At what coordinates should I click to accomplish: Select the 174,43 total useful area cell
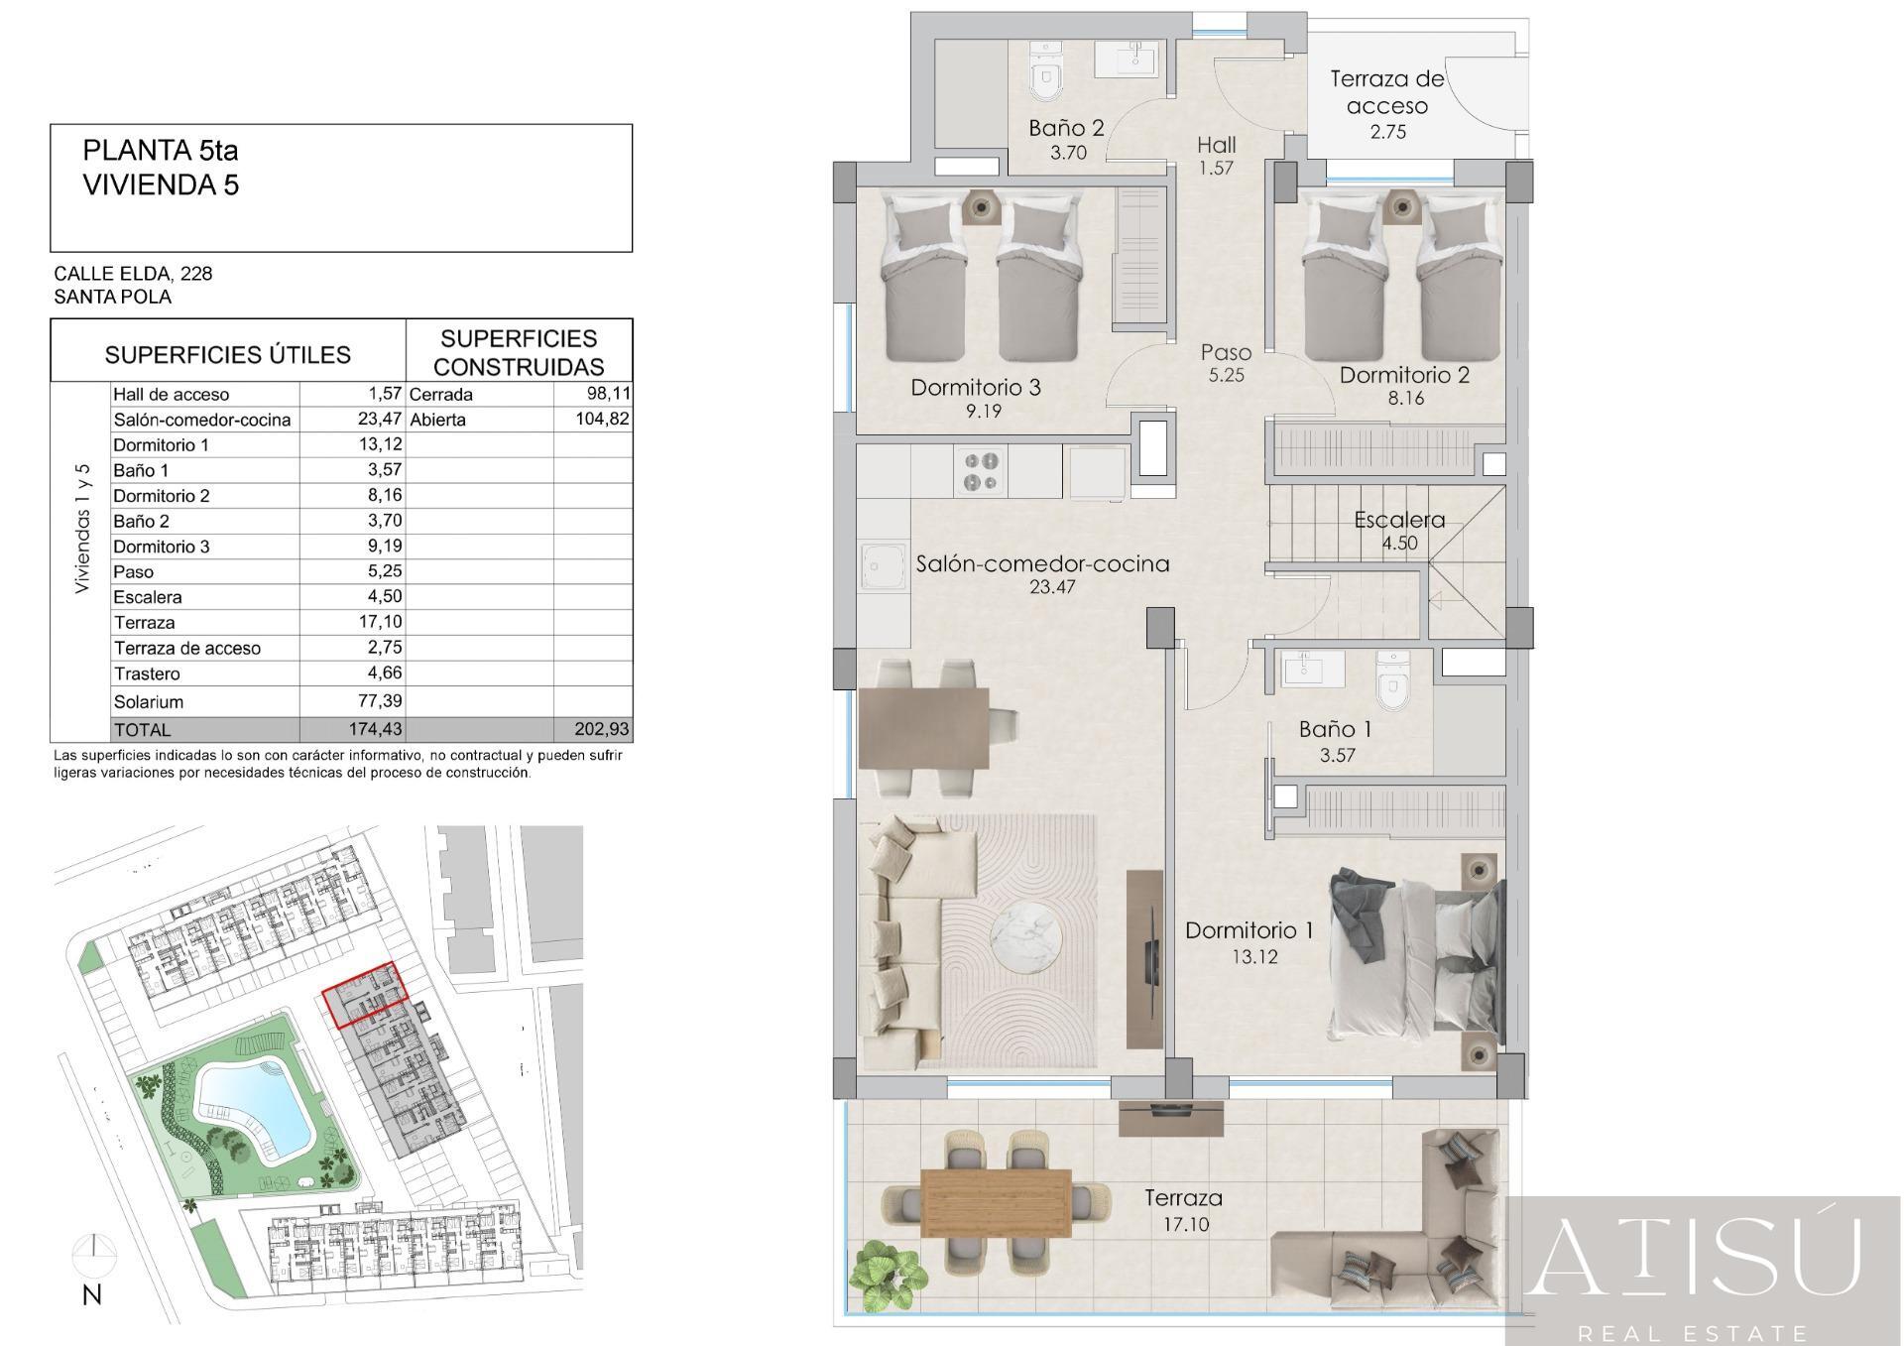coord(376,729)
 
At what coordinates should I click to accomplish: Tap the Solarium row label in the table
coord(149,702)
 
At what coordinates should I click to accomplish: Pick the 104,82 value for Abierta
coord(602,420)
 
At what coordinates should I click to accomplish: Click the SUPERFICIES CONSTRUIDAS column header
coord(519,352)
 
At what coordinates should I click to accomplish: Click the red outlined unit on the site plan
coord(366,995)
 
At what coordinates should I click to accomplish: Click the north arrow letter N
coord(92,1294)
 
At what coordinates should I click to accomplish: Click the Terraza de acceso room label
coord(1386,92)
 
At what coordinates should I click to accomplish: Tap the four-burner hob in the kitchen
coord(981,471)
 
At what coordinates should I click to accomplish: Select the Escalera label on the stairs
coord(1399,520)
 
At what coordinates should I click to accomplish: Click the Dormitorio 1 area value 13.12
coord(1254,957)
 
